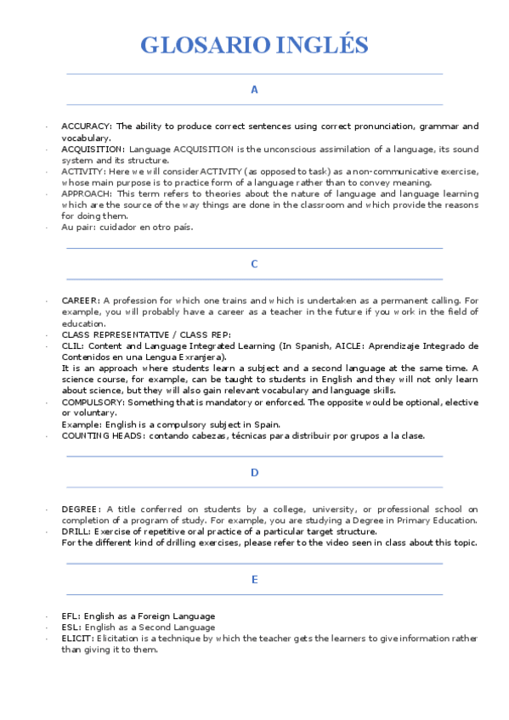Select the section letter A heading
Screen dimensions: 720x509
(254, 89)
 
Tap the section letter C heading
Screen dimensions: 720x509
(254, 264)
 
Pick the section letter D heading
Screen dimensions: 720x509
(254, 472)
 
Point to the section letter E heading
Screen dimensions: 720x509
(254, 579)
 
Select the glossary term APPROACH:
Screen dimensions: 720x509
(88, 194)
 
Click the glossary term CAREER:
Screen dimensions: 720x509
(81, 301)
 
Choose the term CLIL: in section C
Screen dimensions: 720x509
(73, 346)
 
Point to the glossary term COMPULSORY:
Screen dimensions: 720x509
(93, 402)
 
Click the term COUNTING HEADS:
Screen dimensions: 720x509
(104, 436)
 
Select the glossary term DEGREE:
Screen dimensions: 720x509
(82, 509)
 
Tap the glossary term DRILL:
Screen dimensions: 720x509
(76, 532)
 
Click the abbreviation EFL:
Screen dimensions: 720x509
(71, 616)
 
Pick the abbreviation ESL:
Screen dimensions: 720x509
(71, 627)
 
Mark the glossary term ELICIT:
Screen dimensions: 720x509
(77, 638)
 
